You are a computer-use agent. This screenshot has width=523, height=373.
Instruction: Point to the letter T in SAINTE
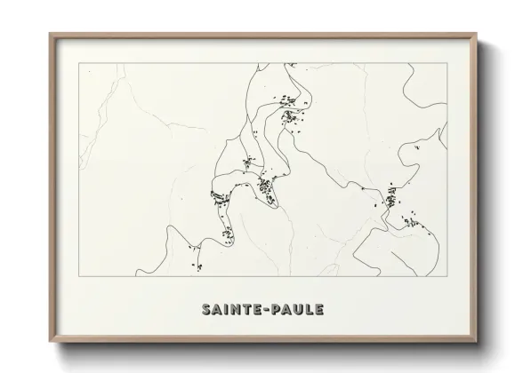246,310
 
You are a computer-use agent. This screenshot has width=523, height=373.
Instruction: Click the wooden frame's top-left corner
49,33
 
